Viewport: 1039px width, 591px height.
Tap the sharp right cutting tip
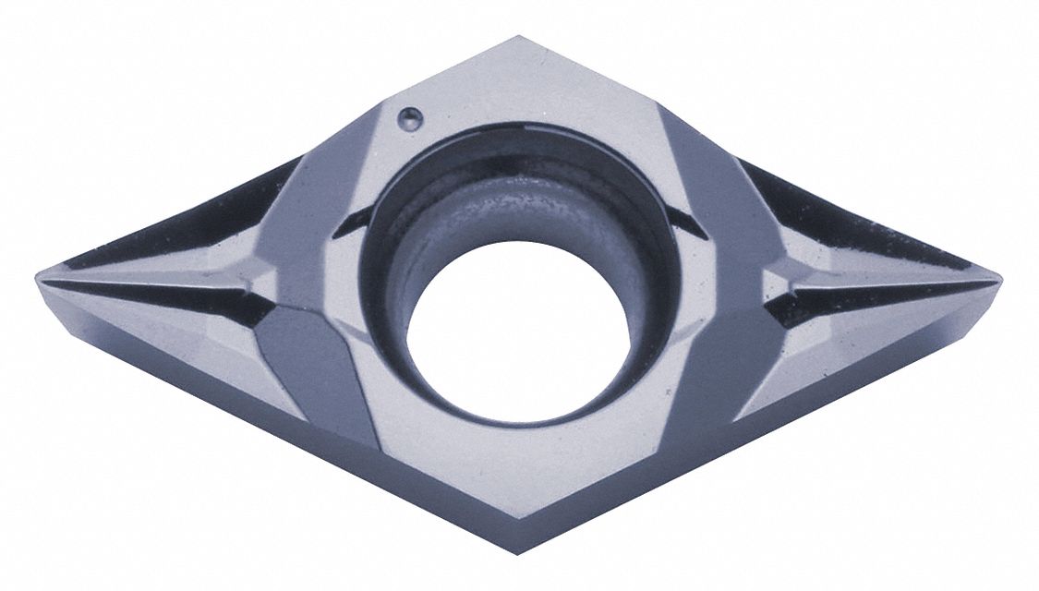tap(997, 276)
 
